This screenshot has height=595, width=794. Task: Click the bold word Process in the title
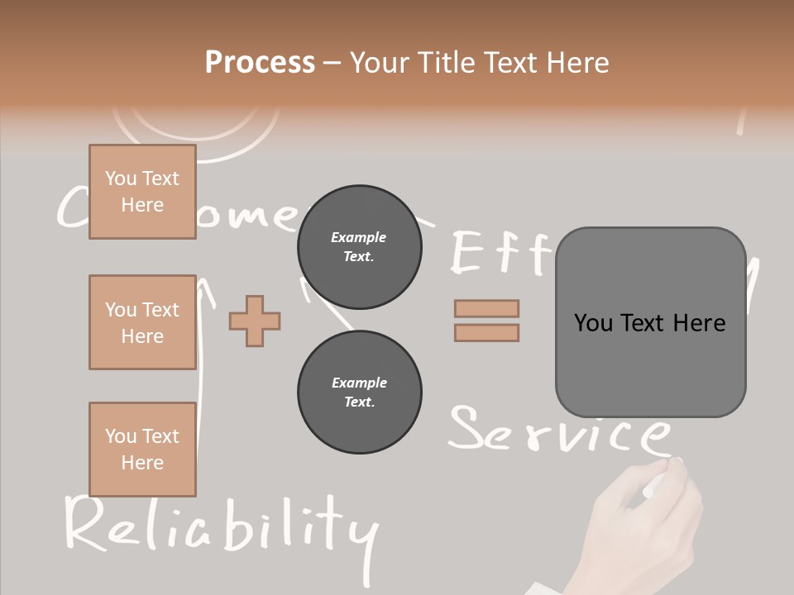(x=260, y=62)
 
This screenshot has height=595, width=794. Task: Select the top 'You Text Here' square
(x=142, y=192)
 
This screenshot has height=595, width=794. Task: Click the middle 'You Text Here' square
(x=142, y=322)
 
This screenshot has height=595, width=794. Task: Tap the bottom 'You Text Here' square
(x=142, y=450)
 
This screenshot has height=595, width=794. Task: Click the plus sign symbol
(x=255, y=321)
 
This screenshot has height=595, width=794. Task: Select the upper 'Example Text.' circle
(x=359, y=246)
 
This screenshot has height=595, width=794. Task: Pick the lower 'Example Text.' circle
(x=359, y=392)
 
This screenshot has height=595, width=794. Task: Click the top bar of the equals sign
(x=486, y=308)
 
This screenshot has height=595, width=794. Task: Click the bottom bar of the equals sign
(x=486, y=333)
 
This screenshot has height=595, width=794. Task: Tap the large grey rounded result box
(x=650, y=322)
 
